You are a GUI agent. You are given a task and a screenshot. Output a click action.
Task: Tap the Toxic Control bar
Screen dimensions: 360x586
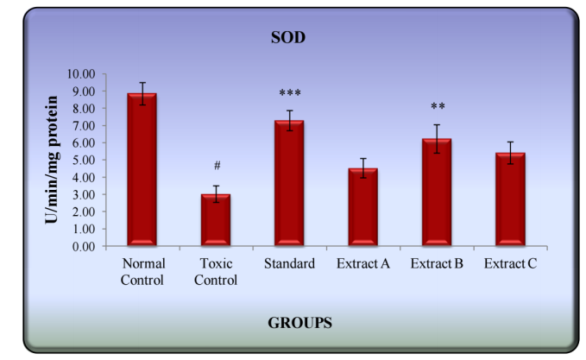[215, 220]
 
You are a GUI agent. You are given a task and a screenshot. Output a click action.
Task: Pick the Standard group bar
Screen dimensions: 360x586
[289, 183]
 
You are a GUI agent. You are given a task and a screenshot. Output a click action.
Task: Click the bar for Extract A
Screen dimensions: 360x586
[362, 207]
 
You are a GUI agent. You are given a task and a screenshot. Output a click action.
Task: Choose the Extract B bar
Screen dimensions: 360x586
[437, 193]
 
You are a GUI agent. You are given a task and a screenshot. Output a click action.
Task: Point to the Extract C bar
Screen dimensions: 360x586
[510, 199]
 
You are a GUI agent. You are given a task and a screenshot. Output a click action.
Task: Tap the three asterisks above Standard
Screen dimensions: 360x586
[289, 94]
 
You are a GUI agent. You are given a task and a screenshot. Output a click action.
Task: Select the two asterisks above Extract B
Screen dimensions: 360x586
[437, 108]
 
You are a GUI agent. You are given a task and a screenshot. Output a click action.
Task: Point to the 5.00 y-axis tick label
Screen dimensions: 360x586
[84, 161]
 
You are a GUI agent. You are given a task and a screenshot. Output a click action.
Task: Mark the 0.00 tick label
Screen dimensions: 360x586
[84, 247]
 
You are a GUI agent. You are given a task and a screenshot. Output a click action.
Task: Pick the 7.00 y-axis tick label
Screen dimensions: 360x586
[84, 126]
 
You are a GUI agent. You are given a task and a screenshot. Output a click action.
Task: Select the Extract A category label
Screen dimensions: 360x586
[362, 263]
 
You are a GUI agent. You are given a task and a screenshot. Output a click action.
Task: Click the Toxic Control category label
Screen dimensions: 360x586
[215, 271]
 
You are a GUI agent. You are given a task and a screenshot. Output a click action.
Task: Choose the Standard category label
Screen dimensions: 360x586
[289, 263]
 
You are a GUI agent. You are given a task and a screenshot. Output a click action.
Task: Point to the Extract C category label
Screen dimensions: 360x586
[510, 263]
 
